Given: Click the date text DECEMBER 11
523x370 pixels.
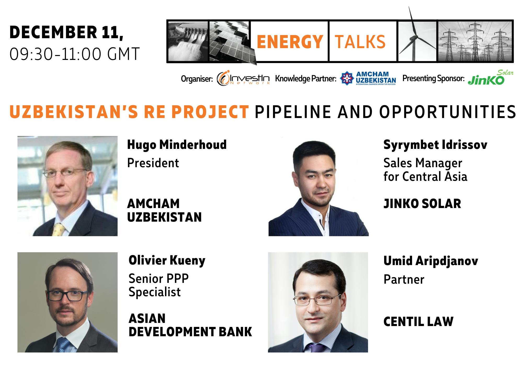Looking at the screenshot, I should coord(66,32).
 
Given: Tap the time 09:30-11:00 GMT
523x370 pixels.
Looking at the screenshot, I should coord(75,54).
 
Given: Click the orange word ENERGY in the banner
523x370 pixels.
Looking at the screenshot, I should coord(289,42).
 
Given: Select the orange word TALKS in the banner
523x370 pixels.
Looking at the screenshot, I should coord(360,42).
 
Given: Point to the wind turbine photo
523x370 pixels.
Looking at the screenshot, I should coord(417,41).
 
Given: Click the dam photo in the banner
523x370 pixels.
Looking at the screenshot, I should coord(188,41).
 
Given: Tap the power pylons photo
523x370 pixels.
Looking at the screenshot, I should coord(475,41).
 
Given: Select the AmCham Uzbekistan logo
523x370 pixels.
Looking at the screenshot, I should coord(368,78).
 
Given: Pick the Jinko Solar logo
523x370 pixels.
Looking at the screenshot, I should coord(490,78).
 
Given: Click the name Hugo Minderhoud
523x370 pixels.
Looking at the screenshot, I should coord(177,145).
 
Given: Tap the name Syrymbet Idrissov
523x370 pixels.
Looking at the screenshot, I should coord(435,145).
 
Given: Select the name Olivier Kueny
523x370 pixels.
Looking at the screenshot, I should coord(167,261).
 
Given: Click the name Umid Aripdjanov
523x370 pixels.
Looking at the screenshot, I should coord(430,261).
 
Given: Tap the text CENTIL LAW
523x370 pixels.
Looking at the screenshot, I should coord(418,322).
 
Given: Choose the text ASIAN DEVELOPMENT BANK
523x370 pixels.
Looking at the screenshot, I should coord(190,325).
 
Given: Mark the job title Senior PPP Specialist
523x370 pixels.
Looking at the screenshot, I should coord(158,285).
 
